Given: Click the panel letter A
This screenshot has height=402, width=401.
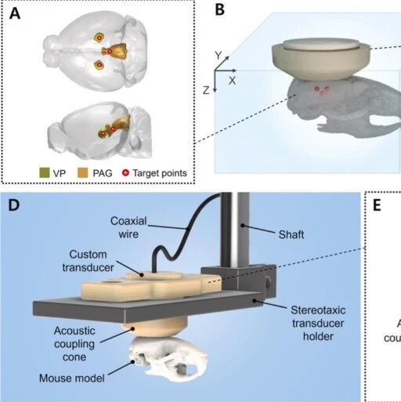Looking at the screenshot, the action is tap(15, 13).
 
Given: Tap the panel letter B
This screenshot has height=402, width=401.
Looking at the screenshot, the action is tap(220, 10).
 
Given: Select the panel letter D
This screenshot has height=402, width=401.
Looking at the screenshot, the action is tap(14, 205).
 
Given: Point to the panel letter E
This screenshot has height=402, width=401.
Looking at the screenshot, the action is tap(377, 205).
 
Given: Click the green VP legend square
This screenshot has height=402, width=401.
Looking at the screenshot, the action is tap(45, 172).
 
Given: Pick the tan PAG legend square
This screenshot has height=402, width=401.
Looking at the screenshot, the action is tap(83, 172).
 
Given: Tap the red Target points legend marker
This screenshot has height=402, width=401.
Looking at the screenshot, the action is tap(126, 172).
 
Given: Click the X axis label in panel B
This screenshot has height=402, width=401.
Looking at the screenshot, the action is tap(232, 81).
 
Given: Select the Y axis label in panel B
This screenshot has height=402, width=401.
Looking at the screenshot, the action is tap(219, 56).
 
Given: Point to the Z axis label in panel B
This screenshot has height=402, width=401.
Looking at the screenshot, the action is tap(206, 91).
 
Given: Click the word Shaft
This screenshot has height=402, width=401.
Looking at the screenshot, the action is tap(291, 234).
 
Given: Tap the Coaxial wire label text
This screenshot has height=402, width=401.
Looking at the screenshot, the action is tap(128, 227).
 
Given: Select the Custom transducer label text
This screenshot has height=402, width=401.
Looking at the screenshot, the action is tap(88, 261).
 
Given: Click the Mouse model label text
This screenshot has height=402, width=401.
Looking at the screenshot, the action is tap(72, 378).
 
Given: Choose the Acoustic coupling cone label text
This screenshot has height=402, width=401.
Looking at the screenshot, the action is tap(74, 344).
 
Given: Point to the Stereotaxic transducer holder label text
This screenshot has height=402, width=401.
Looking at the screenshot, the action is tap(318, 323).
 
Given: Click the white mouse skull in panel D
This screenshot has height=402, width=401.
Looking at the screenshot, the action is tap(168, 358).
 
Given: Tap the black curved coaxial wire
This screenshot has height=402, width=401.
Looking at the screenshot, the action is tap(182, 235).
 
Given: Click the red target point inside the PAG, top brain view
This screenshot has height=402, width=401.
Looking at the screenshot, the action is tap(110, 51).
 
